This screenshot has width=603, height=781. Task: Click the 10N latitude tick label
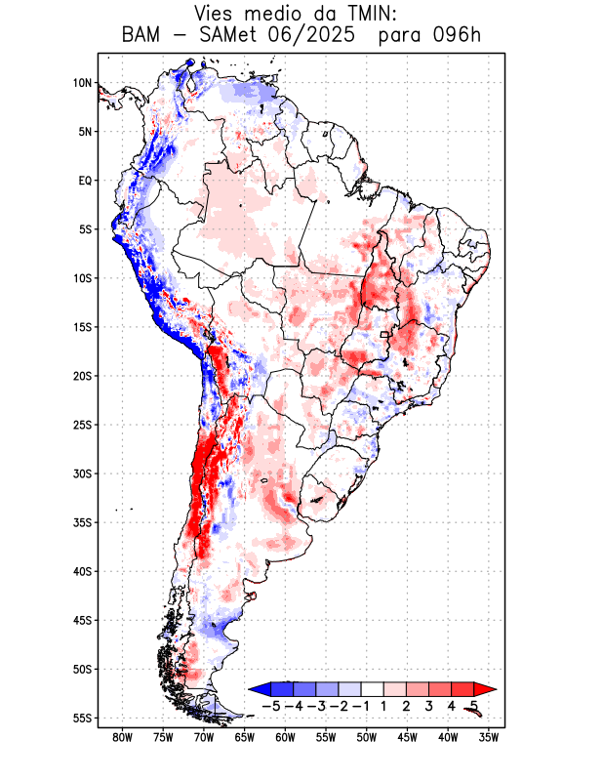pos(82,83)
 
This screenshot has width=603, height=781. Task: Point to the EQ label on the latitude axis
pos(85,181)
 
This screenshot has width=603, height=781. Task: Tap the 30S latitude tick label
pos(82,473)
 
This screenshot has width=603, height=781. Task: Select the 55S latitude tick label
pos(82,719)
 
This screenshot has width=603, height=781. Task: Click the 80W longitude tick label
pos(122,738)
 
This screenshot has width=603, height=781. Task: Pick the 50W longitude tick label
pos(366,738)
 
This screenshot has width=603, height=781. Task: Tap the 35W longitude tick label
pos(489,738)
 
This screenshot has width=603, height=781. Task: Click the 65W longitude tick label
pos(244,738)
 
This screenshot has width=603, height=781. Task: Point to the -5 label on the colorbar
pos(272,706)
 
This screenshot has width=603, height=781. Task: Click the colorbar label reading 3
pos(428,706)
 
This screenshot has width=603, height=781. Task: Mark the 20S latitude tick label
pos(82,376)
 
